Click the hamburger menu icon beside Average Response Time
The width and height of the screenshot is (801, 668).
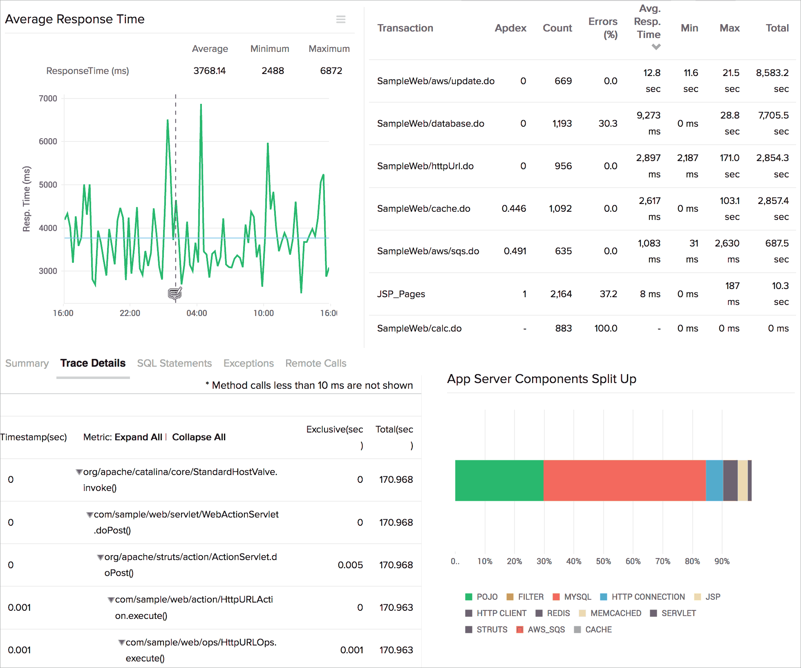341,19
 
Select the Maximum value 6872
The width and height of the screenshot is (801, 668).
331,71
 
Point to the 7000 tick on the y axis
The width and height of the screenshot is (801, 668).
48,99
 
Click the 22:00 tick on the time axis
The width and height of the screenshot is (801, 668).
130,313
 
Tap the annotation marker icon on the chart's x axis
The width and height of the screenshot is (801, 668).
175,293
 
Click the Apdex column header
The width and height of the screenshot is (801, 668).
510,28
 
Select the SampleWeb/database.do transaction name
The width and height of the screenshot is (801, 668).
430,123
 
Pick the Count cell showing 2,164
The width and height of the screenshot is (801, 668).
561,294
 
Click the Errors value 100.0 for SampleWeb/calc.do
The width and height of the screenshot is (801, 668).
606,328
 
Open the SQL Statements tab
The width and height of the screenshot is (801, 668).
174,363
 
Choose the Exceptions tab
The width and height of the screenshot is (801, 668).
248,363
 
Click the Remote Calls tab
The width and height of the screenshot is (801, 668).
315,363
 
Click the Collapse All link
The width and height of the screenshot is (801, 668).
199,437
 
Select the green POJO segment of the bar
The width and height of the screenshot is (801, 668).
499,480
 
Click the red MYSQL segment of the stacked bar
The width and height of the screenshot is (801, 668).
624,480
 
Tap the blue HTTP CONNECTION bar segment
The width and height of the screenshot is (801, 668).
714,480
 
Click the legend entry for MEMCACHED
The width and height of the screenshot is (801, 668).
615,613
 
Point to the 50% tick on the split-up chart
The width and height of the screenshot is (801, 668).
603,561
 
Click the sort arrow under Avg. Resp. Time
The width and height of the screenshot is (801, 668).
656,47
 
